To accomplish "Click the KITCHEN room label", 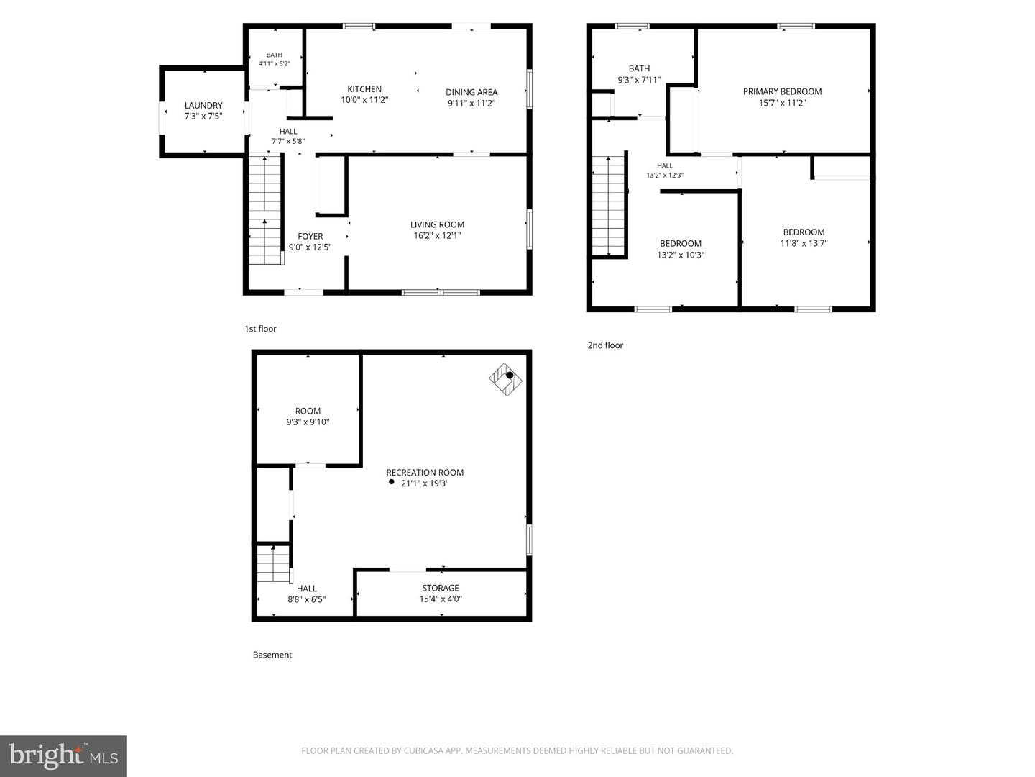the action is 364,89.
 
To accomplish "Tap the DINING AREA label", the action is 471,93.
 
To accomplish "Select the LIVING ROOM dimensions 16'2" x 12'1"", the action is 437,235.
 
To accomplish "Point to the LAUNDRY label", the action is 203,106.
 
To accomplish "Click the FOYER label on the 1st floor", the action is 310,237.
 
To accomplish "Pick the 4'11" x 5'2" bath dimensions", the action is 274,64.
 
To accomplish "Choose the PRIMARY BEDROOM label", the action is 782,91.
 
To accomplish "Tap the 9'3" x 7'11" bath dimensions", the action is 639,80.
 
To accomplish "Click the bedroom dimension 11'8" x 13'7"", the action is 804,243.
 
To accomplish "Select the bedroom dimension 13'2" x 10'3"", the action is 681,255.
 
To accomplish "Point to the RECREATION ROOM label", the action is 425,472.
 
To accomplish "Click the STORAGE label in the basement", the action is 441,588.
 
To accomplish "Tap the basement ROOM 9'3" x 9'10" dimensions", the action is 308,422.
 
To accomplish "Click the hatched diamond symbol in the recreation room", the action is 505,379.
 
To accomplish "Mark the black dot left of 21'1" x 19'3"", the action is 392,482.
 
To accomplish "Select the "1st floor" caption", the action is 260,329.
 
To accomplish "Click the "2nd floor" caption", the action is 605,345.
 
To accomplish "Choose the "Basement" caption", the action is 272,655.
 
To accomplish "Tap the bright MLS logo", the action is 63,755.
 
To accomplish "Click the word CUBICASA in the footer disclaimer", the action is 423,750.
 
